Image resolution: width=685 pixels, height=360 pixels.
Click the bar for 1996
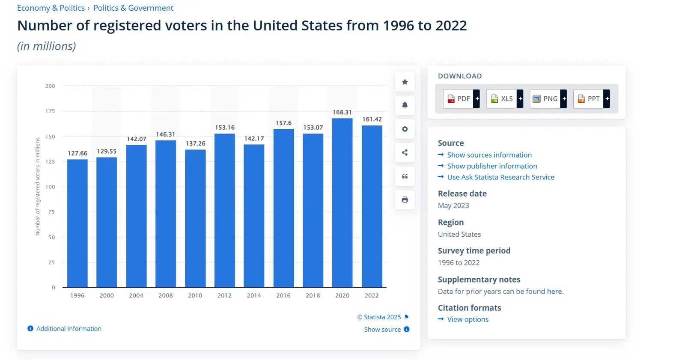[77, 223]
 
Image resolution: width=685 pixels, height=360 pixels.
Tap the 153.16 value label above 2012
[225, 128]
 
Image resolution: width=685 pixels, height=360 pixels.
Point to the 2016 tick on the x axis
[283, 295]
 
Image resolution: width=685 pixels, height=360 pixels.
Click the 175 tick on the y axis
[50, 111]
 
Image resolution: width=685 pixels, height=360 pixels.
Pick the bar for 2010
[195, 218]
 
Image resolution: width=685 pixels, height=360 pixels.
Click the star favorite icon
[405, 82]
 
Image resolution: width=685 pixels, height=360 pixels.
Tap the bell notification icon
[405, 105]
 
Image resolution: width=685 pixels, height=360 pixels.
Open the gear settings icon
[405, 129]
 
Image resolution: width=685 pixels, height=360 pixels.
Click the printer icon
[405, 200]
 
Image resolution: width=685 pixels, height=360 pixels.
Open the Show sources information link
[489, 155]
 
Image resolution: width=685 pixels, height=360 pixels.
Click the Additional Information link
[68, 329]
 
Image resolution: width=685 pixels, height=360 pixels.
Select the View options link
[468, 319]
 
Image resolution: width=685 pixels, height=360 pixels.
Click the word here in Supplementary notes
[554, 292]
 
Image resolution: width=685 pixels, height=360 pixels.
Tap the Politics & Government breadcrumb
[133, 8]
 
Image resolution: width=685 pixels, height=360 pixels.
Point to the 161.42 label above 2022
[372, 119]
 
